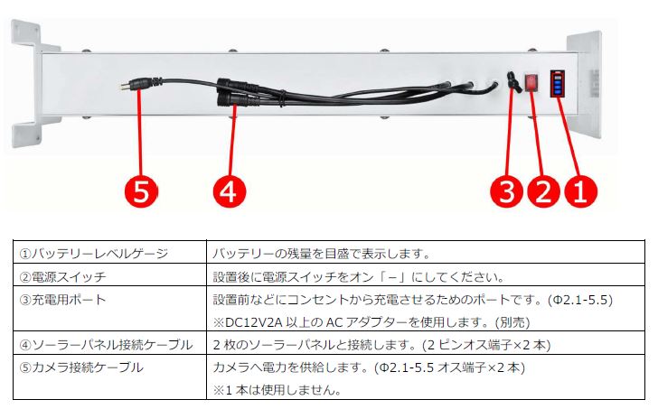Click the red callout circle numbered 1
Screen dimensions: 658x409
[580, 192]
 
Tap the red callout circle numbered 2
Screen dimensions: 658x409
[543, 192]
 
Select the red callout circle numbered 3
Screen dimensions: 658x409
[507, 192]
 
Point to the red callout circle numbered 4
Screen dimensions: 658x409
[230, 192]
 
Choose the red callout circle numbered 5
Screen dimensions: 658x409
[141, 192]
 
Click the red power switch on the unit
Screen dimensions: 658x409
[531, 82]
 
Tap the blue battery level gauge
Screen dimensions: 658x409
[558, 83]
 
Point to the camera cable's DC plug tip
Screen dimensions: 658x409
[124, 88]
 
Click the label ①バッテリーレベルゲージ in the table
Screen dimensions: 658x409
[94, 253]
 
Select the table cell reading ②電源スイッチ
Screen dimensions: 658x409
[63, 276]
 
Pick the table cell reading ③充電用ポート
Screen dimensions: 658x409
[63, 300]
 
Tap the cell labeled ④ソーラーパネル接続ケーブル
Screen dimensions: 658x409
[106, 345]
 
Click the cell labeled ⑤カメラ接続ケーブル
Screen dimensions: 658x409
[81, 367]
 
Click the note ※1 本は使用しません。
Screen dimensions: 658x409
[277, 390]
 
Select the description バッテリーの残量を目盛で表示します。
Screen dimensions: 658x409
[322, 253]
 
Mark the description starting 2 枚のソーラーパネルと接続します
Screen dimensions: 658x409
[381, 345]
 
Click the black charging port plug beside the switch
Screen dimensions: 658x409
[513, 82]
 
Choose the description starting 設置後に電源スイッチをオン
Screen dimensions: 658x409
[359, 276]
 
